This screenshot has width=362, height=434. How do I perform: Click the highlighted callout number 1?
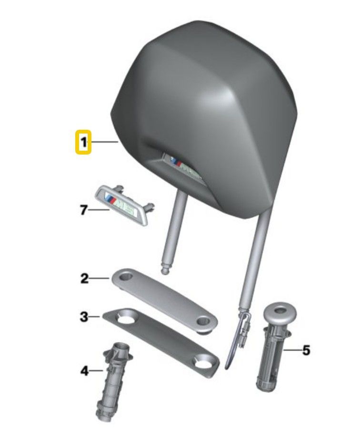point(83,142)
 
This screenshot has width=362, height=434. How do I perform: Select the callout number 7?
point(84,210)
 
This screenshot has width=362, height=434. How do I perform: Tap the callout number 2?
point(85,278)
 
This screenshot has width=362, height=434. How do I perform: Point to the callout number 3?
point(84,317)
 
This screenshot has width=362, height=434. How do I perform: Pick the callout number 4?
point(85,371)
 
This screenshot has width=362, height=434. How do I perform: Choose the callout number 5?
point(306,351)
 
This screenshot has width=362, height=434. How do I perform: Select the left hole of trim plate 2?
point(126,276)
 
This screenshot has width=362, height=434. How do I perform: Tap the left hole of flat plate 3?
point(127,318)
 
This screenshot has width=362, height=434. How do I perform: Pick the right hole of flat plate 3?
point(204,362)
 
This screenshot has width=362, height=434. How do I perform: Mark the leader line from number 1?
point(103,142)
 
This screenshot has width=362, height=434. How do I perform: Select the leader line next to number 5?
point(292,350)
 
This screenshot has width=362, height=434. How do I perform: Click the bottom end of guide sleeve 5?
point(267,386)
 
